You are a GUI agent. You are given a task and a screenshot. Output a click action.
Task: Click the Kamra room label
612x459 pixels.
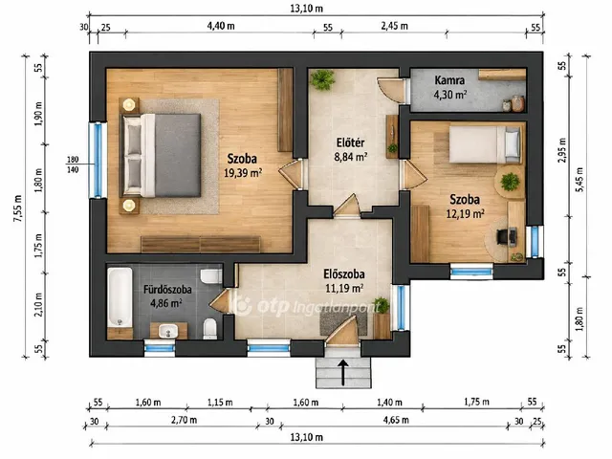(x=449, y=80)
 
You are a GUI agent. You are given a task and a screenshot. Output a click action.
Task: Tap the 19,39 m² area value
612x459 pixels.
(x=242, y=173)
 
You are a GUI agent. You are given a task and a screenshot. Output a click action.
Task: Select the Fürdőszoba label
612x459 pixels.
(x=167, y=289)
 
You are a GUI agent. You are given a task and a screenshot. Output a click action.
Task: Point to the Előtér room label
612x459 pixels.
(x=351, y=142)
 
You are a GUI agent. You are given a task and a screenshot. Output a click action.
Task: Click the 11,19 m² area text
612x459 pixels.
(x=344, y=288)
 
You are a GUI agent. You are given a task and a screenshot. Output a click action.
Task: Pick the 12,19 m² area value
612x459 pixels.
(x=466, y=213)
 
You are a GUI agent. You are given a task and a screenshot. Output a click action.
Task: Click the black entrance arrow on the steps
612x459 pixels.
(x=343, y=372)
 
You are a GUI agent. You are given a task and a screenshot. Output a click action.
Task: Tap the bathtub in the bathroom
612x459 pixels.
(x=120, y=297)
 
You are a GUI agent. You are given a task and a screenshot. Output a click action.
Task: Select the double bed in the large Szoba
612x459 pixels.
(x=162, y=155)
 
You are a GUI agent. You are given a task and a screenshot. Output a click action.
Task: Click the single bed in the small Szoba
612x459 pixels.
(x=485, y=144)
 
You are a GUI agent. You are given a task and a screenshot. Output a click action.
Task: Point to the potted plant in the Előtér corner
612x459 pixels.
(x=322, y=79)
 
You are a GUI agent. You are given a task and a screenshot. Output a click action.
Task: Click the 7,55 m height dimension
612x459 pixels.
(x=18, y=208)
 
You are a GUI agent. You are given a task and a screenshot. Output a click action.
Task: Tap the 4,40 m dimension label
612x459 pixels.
(x=221, y=26)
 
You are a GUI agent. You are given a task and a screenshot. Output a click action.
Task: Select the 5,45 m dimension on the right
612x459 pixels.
(x=579, y=179)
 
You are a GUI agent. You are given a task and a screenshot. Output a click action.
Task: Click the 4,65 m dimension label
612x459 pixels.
(x=396, y=420)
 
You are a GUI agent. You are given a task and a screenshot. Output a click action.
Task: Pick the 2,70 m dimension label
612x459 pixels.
(x=184, y=420)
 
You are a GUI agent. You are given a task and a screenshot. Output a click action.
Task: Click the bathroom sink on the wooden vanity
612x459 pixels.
(x=168, y=332)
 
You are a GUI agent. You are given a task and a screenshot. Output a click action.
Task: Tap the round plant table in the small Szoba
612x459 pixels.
(x=510, y=183)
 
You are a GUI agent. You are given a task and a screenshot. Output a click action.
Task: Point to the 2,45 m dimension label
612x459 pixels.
(x=394, y=26)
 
